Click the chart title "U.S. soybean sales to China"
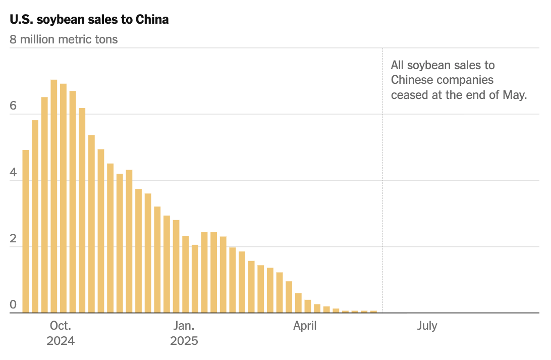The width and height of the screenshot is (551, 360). tap(89, 20)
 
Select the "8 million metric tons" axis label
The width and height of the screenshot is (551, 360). tap(64, 39)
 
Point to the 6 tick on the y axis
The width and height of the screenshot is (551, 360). tap(13, 106)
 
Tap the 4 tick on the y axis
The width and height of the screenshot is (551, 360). tap(13, 173)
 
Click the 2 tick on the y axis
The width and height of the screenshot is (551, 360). tap(13, 239)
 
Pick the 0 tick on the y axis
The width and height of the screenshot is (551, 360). tap(13, 305)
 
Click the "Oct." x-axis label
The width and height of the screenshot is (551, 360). tap(61, 326)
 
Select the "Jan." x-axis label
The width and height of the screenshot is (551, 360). tap(184, 326)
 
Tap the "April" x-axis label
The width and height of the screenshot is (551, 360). tap(305, 326)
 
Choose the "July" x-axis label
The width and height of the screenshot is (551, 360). tap(427, 326)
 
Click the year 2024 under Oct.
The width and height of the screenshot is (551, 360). tap(61, 341)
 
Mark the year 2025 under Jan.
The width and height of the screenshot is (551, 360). tap(184, 341)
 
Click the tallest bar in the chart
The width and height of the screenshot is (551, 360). tap(54, 197)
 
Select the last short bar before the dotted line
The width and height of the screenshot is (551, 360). tap(373, 312)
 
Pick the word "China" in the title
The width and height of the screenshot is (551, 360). tap(153, 20)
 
